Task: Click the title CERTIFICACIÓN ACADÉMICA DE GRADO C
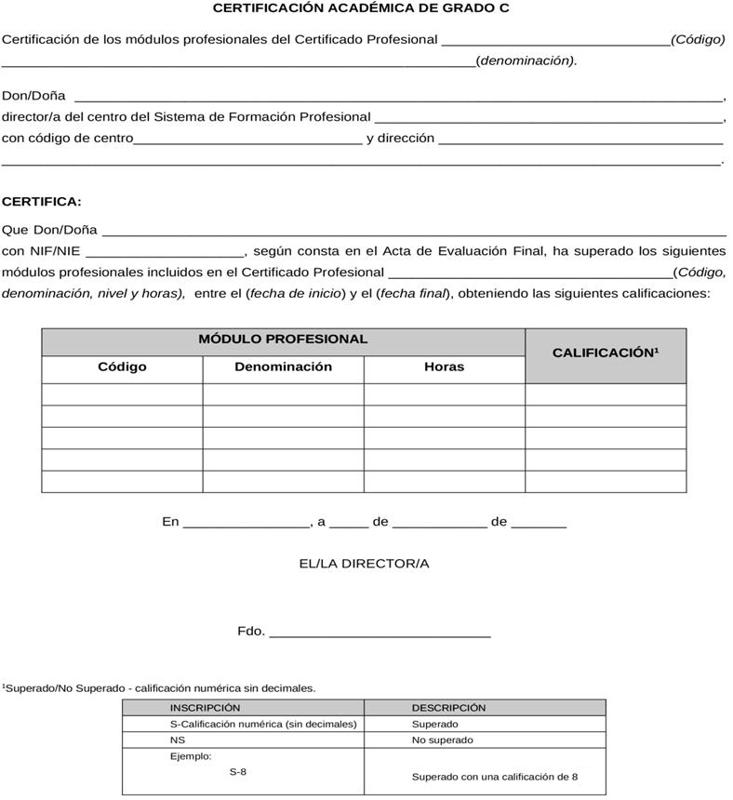coord(361,8)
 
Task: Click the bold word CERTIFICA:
coord(42,201)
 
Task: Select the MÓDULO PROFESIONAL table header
coord(283,340)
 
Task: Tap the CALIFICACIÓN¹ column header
coord(606,353)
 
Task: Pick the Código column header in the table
coord(122,367)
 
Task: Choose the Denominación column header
coord(283,367)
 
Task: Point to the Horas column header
coord(444,367)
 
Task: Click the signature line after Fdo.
coord(380,635)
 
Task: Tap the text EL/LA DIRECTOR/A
coord(364,564)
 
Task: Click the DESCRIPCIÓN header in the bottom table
coord(448,708)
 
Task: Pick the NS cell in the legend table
coord(177,740)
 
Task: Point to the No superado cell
coord(442,740)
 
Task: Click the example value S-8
coord(238,772)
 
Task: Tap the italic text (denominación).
coord(526,60)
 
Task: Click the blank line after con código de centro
coord(248,143)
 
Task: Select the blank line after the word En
coord(247,527)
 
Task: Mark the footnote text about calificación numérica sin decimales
coord(159,688)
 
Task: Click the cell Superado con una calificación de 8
coord(495,777)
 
